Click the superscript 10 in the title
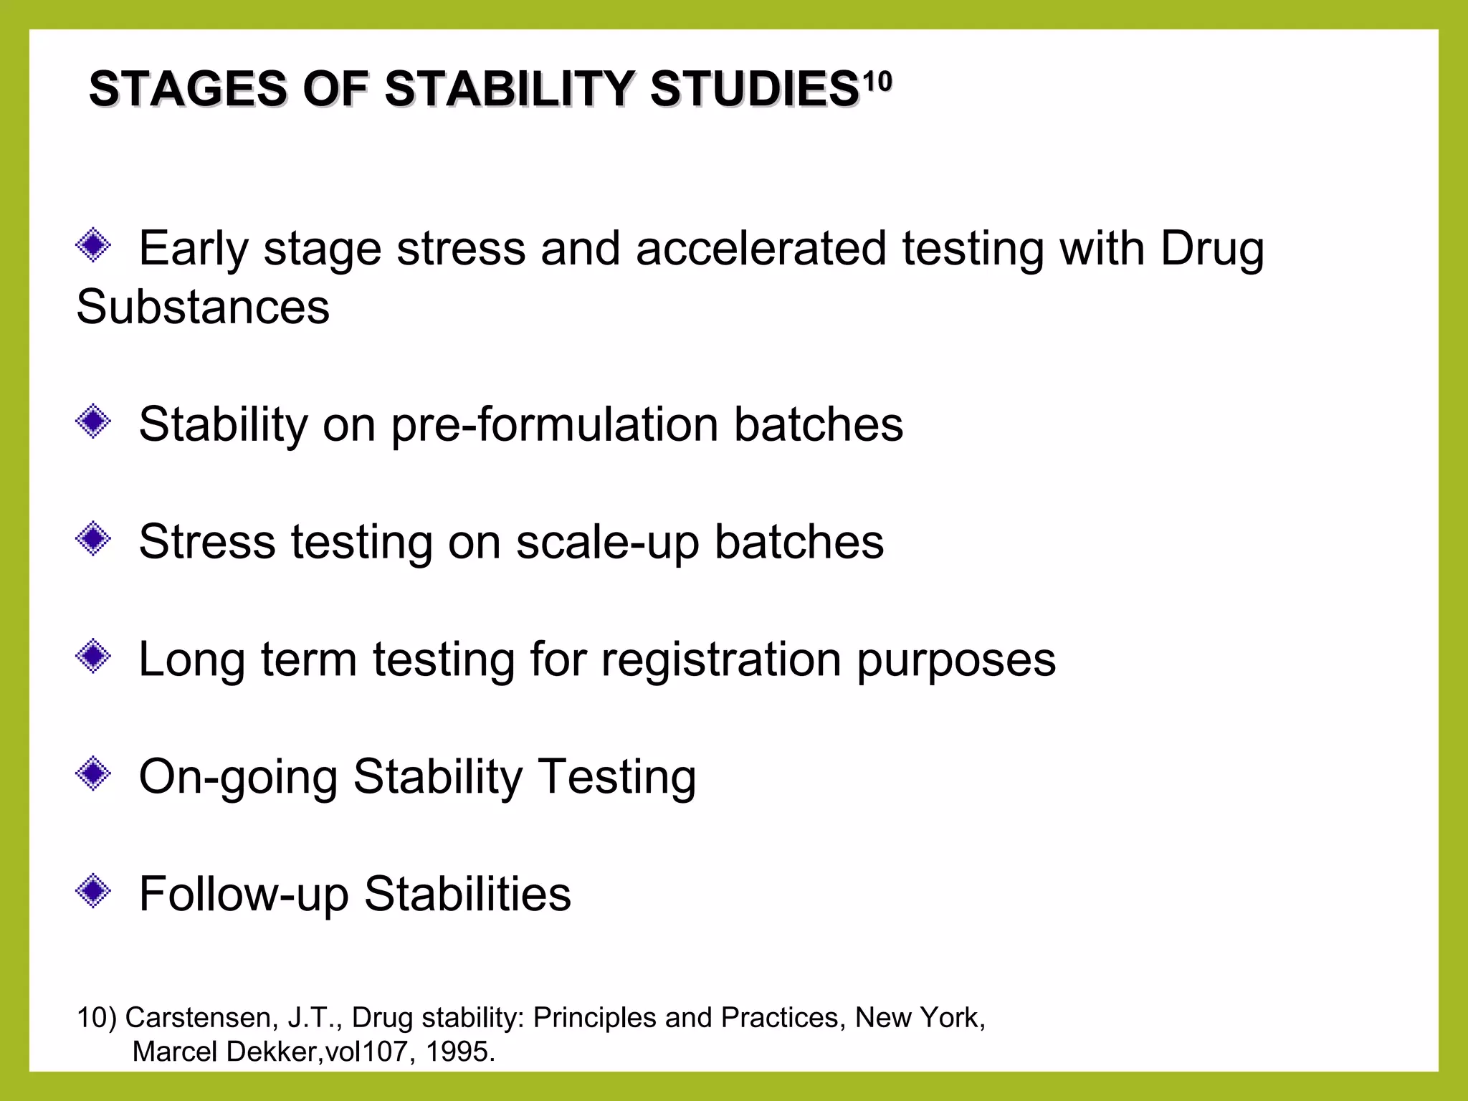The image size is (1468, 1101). pos(877,82)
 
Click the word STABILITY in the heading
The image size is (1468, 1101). pos(510,90)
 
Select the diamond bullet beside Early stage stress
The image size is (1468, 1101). pos(93,246)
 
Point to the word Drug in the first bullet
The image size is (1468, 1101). pos(1211,249)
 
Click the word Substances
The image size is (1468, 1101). pos(203,307)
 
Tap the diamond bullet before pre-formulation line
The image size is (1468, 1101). pos(93,421)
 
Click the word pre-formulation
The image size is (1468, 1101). pos(554,425)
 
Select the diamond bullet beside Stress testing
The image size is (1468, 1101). pos(93,539)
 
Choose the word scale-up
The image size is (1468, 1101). pos(607,543)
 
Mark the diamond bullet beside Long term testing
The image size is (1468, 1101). pos(93,657)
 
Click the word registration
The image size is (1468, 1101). pos(720,659)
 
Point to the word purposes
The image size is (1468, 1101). pos(956,661)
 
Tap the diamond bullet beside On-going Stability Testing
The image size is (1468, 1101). pos(93,774)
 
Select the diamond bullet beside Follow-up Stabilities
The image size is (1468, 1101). pos(93,892)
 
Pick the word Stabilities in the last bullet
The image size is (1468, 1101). pos(467,894)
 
